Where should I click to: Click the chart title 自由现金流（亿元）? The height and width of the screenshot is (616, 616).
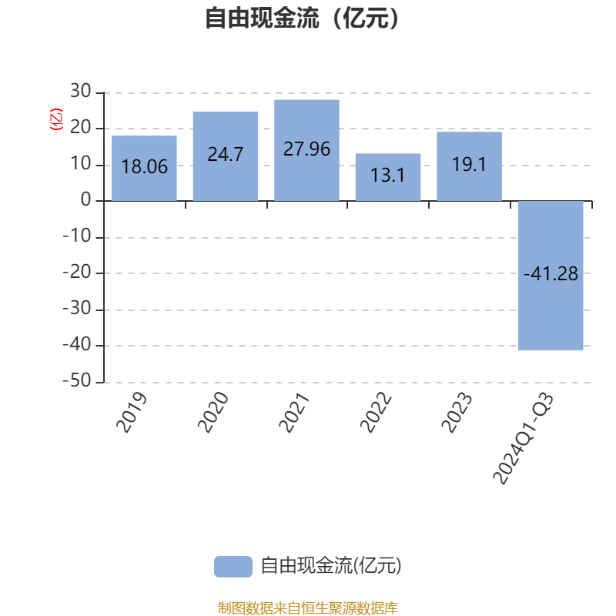pyautogui.click(x=303, y=18)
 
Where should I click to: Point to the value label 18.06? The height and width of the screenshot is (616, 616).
pyautogui.click(x=144, y=166)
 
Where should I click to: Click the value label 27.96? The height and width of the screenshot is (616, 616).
pyautogui.click(x=306, y=149)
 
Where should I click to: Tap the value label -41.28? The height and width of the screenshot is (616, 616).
pyautogui.click(x=551, y=273)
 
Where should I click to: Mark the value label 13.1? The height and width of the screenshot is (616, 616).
pyautogui.click(x=388, y=176)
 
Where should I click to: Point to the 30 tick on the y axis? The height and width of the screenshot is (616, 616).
pyautogui.click(x=80, y=92)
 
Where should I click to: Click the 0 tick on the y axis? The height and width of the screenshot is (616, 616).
pyautogui.click(x=85, y=201)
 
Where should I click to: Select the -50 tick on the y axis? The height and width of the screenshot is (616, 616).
pyautogui.click(x=76, y=382)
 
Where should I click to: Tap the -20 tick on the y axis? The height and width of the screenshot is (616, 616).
pyautogui.click(x=76, y=273)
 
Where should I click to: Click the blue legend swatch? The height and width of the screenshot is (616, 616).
pyautogui.click(x=233, y=566)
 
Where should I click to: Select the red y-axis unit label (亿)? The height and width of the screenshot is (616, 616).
pyautogui.click(x=55, y=119)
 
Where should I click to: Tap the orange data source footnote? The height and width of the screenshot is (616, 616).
pyautogui.click(x=308, y=608)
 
